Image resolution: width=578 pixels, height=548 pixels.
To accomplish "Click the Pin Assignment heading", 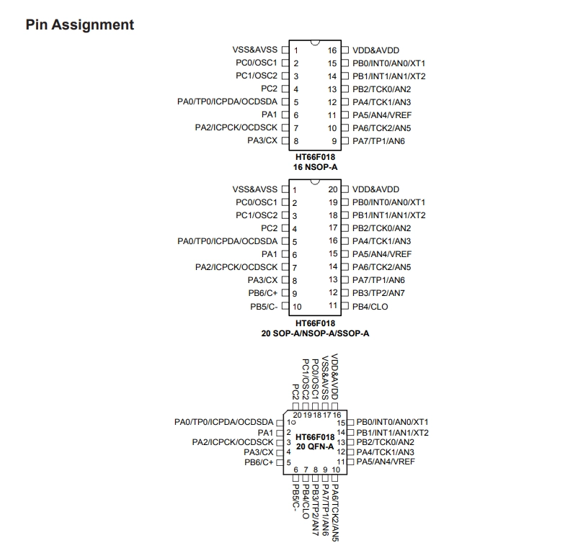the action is [79, 24].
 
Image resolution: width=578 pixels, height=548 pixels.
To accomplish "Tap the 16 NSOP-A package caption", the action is [315, 167].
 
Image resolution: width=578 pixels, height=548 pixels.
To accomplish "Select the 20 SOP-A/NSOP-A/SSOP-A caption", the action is [315, 333].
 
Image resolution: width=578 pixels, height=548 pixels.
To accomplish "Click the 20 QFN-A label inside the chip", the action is [315, 446].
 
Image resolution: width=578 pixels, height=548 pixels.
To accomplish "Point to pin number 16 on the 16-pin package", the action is [332, 50].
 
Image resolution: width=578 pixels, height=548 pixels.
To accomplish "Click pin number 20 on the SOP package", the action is [333, 189].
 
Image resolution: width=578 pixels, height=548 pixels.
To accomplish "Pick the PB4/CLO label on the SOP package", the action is [370, 307].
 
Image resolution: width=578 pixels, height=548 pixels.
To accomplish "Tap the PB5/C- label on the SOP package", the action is [264, 307].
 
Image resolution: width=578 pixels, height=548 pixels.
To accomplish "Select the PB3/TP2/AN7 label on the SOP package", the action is [378, 293].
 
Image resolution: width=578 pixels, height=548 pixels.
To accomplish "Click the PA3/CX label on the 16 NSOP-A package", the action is [262, 140].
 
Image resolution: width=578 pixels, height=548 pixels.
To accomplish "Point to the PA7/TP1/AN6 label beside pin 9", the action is [378, 141].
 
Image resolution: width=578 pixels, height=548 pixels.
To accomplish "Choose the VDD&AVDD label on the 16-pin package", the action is [375, 50].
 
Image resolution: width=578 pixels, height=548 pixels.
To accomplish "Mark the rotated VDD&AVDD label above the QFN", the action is [334, 377].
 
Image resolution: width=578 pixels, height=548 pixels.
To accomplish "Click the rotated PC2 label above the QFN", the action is [295, 392].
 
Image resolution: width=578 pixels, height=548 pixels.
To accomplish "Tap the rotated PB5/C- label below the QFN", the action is [295, 498].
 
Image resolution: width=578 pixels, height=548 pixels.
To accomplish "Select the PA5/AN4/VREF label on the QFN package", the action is [386, 462].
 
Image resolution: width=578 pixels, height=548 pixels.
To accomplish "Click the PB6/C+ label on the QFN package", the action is [259, 462].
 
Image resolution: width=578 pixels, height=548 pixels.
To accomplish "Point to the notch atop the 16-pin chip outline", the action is [315, 42].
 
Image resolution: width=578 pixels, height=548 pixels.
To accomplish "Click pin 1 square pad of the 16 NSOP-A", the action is [285, 50].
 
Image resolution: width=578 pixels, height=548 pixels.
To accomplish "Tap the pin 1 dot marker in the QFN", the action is [293, 423].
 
